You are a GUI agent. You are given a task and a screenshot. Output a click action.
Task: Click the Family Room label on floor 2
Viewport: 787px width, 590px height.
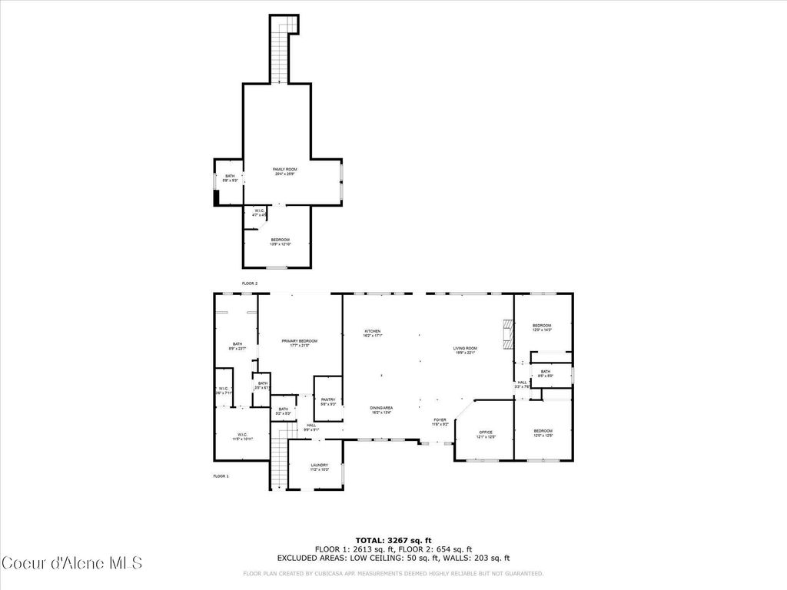pyautogui.click(x=285, y=171)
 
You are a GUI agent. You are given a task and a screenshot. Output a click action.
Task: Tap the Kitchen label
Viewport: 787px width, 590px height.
pyautogui.click(x=373, y=333)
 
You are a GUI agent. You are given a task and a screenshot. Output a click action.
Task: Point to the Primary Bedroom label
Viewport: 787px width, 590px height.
pyautogui.click(x=299, y=343)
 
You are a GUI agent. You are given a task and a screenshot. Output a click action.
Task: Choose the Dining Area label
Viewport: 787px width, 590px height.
pyautogui.click(x=382, y=409)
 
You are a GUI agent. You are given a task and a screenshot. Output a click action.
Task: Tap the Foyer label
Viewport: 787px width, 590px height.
pyautogui.click(x=440, y=422)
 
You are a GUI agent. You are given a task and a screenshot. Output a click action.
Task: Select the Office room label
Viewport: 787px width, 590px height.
pyautogui.click(x=486, y=434)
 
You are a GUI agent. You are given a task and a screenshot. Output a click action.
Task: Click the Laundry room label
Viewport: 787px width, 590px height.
pyautogui.click(x=320, y=467)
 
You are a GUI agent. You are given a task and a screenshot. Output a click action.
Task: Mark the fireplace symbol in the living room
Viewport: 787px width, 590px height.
pyautogui.click(x=506, y=336)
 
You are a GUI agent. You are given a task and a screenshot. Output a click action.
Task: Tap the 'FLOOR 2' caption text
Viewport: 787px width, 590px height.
pyautogui.click(x=250, y=283)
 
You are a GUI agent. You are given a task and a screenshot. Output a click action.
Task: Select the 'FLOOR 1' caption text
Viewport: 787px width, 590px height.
pyautogui.click(x=221, y=476)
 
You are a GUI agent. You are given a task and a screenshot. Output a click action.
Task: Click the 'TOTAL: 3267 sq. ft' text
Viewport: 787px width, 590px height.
pyautogui.click(x=393, y=540)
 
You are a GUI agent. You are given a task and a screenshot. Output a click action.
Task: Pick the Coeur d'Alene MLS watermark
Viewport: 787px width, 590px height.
pyautogui.click(x=71, y=563)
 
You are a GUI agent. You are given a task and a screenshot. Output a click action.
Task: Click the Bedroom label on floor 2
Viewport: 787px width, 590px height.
pyautogui.click(x=280, y=241)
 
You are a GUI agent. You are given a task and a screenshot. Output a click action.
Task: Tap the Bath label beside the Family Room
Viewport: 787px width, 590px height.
pyautogui.click(x=230, y=178)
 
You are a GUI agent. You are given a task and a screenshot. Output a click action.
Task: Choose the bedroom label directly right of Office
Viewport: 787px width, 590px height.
pyautogui.click(x=543, y=433)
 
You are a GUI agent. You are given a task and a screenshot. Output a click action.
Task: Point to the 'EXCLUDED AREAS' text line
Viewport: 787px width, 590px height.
pyautogui.click(x=393, y=559)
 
